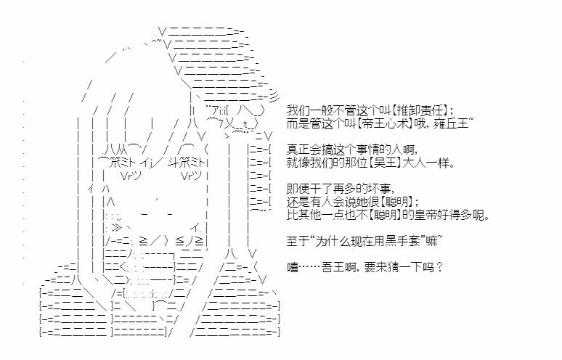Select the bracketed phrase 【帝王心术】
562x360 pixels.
pos(385,123)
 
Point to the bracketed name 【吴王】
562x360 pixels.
pos(385,163)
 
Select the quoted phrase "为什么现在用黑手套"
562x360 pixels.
pos(367,242)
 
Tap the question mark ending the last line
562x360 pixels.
pos(440,268)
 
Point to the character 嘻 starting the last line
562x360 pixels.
pos(293,268)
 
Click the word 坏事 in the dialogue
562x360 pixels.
pos(379,189)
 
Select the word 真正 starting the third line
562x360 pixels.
pos(298,150)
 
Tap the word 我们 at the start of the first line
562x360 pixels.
pos(298,110)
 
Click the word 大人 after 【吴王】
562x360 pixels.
pos(414,163)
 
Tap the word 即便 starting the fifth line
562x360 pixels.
pos(298,189)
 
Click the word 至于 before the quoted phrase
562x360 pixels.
pos(298,242)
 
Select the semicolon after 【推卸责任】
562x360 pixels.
pos(451,111)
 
